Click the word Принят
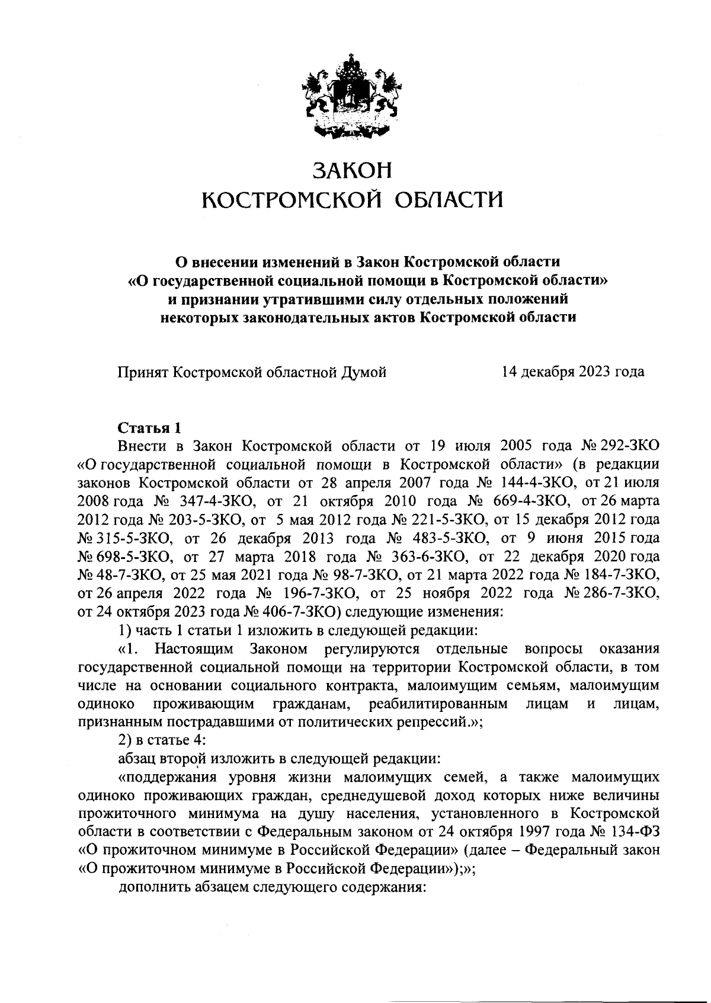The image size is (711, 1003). coord(142,372)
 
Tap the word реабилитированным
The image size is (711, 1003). coord(438,704)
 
